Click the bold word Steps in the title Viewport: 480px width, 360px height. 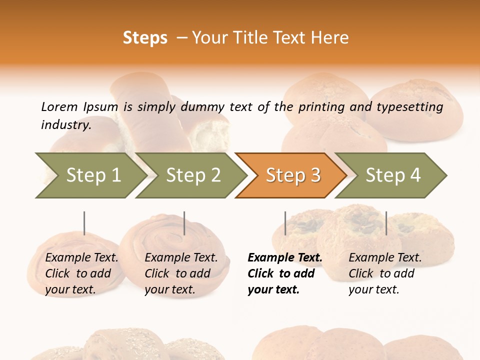tap(145, 38)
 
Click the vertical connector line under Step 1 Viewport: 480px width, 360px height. tap(84, 223)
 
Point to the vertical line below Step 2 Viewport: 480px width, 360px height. tap(184, 223)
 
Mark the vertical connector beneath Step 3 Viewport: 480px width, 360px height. tap(285, 223)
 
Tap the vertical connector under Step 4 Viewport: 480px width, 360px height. tap(386, 223)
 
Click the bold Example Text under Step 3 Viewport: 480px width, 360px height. tap(285, 258)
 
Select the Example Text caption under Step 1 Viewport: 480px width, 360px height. tap(81, 258)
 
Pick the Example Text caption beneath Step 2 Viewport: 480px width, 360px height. tap(181, 258)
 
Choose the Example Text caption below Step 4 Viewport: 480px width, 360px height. tap(385, 258)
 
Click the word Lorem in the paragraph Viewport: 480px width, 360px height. tap(59, 106)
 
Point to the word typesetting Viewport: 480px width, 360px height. tap(409, 107)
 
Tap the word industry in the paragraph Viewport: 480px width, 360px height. tap(66, 124)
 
